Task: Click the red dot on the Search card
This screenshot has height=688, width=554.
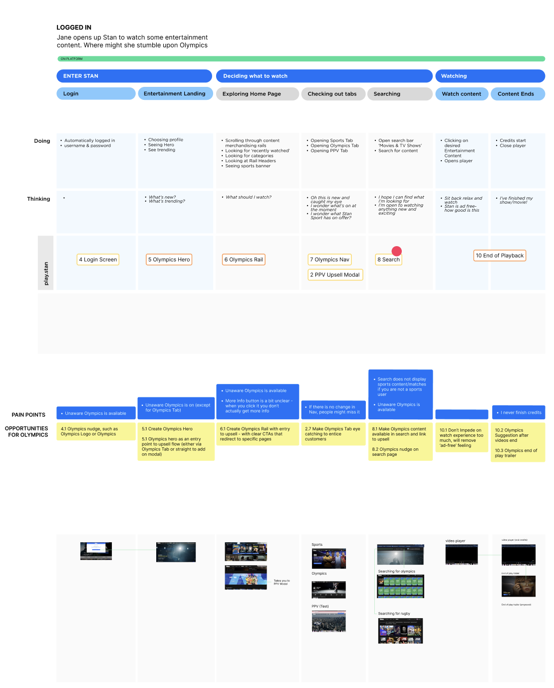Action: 397,251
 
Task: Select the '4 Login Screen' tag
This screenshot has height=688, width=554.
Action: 98,260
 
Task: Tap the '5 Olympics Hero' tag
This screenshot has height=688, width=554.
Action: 169,260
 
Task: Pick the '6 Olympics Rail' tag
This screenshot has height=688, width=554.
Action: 244,260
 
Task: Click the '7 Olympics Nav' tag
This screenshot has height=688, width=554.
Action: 329,260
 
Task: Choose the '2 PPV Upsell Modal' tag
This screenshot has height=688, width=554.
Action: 335,275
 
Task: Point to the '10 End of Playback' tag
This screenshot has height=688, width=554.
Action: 500,256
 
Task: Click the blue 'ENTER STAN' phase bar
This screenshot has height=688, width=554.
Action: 134,76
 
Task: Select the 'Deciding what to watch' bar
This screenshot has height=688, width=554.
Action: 324,76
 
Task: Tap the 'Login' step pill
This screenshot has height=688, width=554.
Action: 96,94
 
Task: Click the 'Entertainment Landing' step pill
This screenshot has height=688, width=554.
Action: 175,94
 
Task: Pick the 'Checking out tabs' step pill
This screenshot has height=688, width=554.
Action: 332,94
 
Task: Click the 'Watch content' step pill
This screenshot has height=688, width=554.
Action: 462,94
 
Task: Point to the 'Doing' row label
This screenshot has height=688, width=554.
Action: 42,141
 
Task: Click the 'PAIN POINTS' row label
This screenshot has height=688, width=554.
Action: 28,415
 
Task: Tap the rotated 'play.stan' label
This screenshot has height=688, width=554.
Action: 46,274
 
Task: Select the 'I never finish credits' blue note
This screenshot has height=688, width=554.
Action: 519,412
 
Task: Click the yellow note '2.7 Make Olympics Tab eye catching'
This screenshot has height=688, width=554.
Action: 333,434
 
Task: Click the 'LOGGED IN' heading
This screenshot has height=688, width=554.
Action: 74,27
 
